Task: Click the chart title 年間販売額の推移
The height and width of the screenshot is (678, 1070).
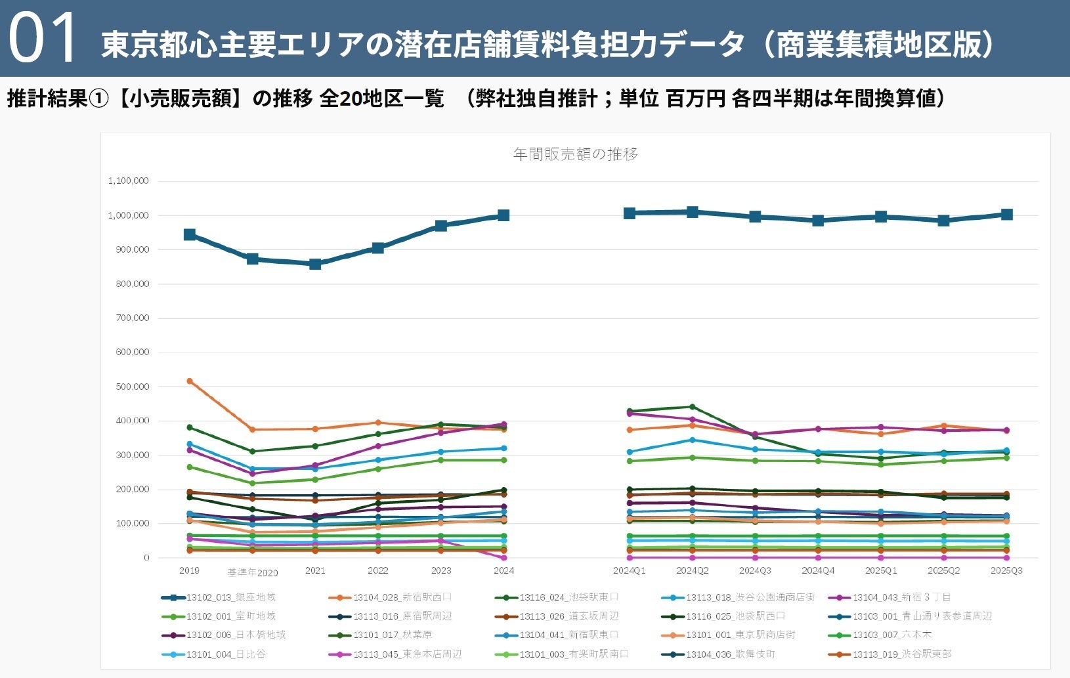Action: [x=575, y=154]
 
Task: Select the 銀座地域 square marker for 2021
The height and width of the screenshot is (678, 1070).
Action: [x=315, y=264]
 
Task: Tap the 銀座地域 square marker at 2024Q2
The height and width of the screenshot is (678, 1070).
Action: [x=692, y=212]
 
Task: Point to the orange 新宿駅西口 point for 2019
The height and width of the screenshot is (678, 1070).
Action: [x=190, y=381]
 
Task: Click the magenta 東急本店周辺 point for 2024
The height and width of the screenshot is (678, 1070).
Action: [x=503, y=557]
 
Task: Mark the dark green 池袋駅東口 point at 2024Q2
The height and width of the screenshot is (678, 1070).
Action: [x=692, y=407]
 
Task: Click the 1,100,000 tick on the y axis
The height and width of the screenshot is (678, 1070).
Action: [x=129, y=180]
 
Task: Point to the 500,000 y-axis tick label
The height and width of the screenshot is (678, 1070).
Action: [x=133, y=387]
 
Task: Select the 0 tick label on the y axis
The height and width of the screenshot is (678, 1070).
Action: [x=146, y=557]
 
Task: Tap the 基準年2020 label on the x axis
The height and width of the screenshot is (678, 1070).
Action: [x=253, y=572]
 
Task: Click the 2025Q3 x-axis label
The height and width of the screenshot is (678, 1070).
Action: [x=1006, y=570]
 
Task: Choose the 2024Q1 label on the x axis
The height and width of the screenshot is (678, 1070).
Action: [x=629, y=570]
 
